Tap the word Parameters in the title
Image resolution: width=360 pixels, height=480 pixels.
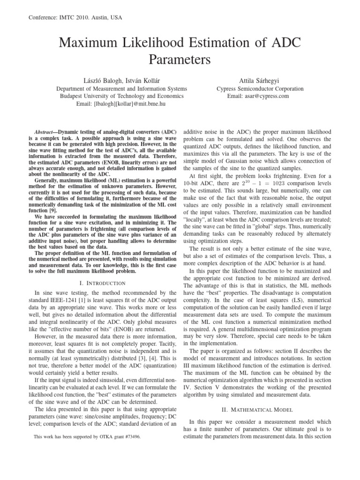(180, 60)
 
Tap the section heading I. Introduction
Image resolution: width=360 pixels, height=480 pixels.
(103, 283)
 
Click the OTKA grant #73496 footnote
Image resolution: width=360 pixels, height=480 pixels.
(87, 436)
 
